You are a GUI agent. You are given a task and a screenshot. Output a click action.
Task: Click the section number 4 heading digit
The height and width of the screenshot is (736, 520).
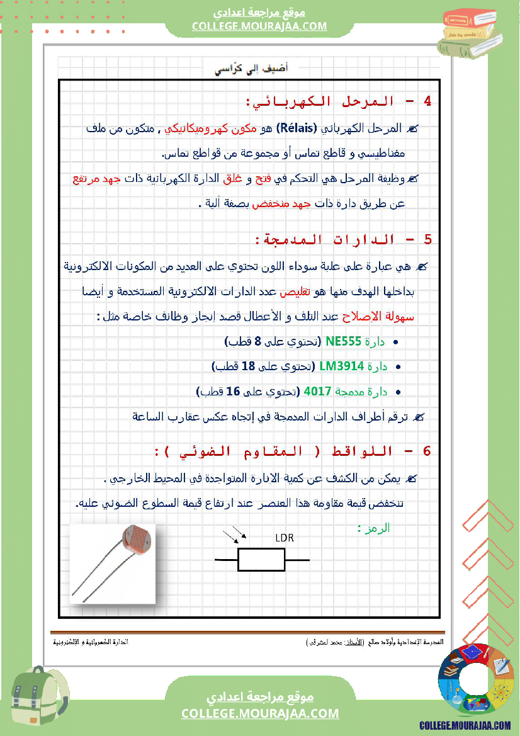click(428, 101)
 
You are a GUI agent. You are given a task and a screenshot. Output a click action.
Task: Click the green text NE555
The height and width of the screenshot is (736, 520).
click(344, 342)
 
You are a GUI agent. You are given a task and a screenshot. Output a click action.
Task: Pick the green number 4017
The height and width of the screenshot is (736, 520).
click(317, 391)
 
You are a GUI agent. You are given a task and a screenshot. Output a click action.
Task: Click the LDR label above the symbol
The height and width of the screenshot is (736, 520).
click(285, 538)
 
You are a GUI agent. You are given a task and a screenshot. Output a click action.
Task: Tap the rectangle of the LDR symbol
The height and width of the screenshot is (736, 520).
click(262, 560)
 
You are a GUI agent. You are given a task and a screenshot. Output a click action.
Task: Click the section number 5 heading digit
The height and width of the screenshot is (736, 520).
click(428, 240)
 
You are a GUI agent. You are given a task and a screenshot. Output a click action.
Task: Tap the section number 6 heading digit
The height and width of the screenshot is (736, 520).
click(428, 451)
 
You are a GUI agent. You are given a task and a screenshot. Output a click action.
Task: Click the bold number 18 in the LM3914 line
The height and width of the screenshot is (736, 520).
click(248, 366)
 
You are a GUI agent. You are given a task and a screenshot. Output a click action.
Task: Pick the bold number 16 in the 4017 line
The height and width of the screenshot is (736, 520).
click(233, 391)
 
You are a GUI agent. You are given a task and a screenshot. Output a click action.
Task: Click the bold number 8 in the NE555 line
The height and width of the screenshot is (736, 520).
click(257, 342)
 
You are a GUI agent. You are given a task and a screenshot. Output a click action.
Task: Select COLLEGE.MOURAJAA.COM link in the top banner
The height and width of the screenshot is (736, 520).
click(259, 26)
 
